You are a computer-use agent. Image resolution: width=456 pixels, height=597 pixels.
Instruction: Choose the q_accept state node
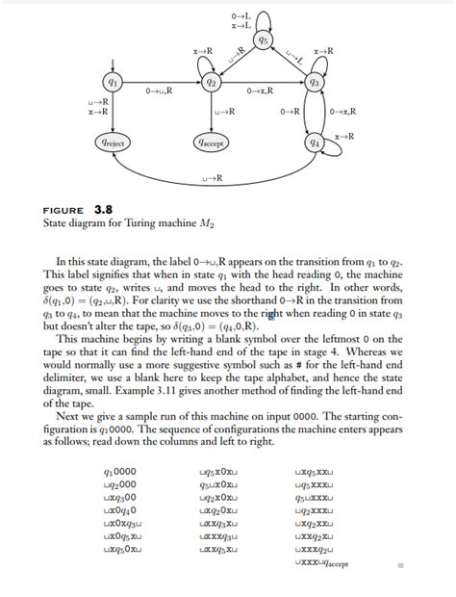coord(210,143)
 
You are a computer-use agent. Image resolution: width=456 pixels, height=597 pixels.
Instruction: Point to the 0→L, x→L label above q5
coord(241,20)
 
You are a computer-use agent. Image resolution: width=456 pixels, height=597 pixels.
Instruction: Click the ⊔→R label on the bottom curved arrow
coord(213,179)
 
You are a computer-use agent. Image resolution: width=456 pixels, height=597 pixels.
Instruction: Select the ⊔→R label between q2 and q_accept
coord(225,113)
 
